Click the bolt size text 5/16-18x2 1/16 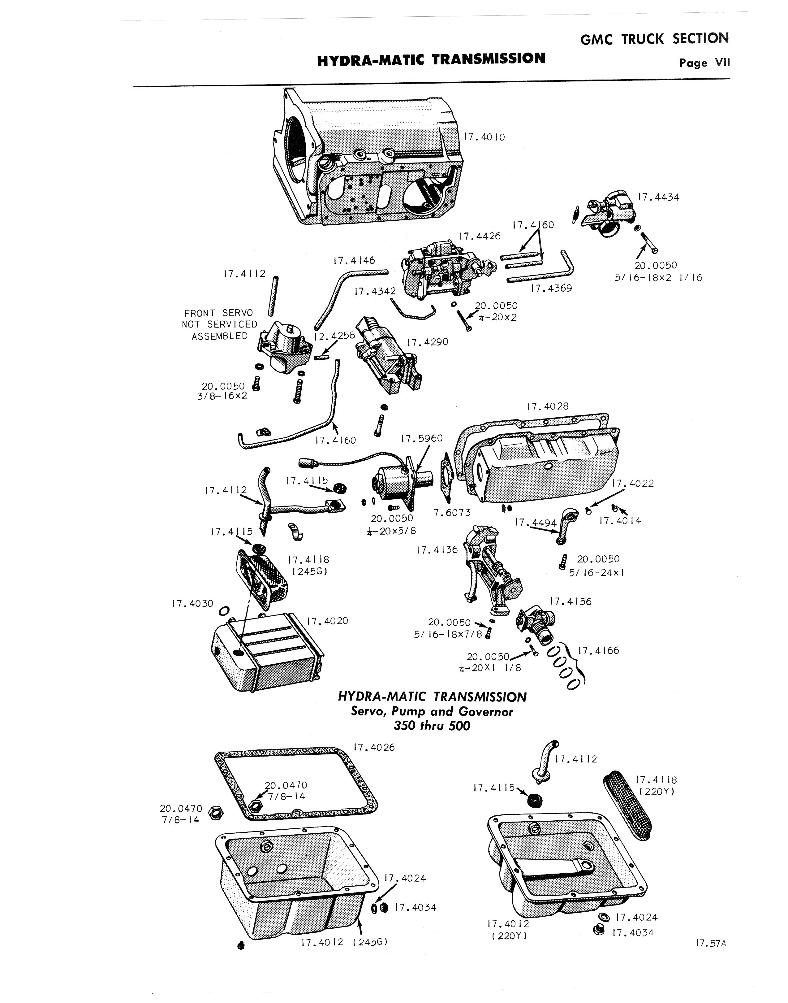[659, 278]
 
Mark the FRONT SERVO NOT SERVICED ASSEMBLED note [220, 324]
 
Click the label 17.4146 [354, 261]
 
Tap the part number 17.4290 [428, 342]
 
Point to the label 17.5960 [422, 438]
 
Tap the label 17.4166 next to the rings [598, 651]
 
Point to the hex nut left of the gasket [214, 812]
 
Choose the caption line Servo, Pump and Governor [432, 711]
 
